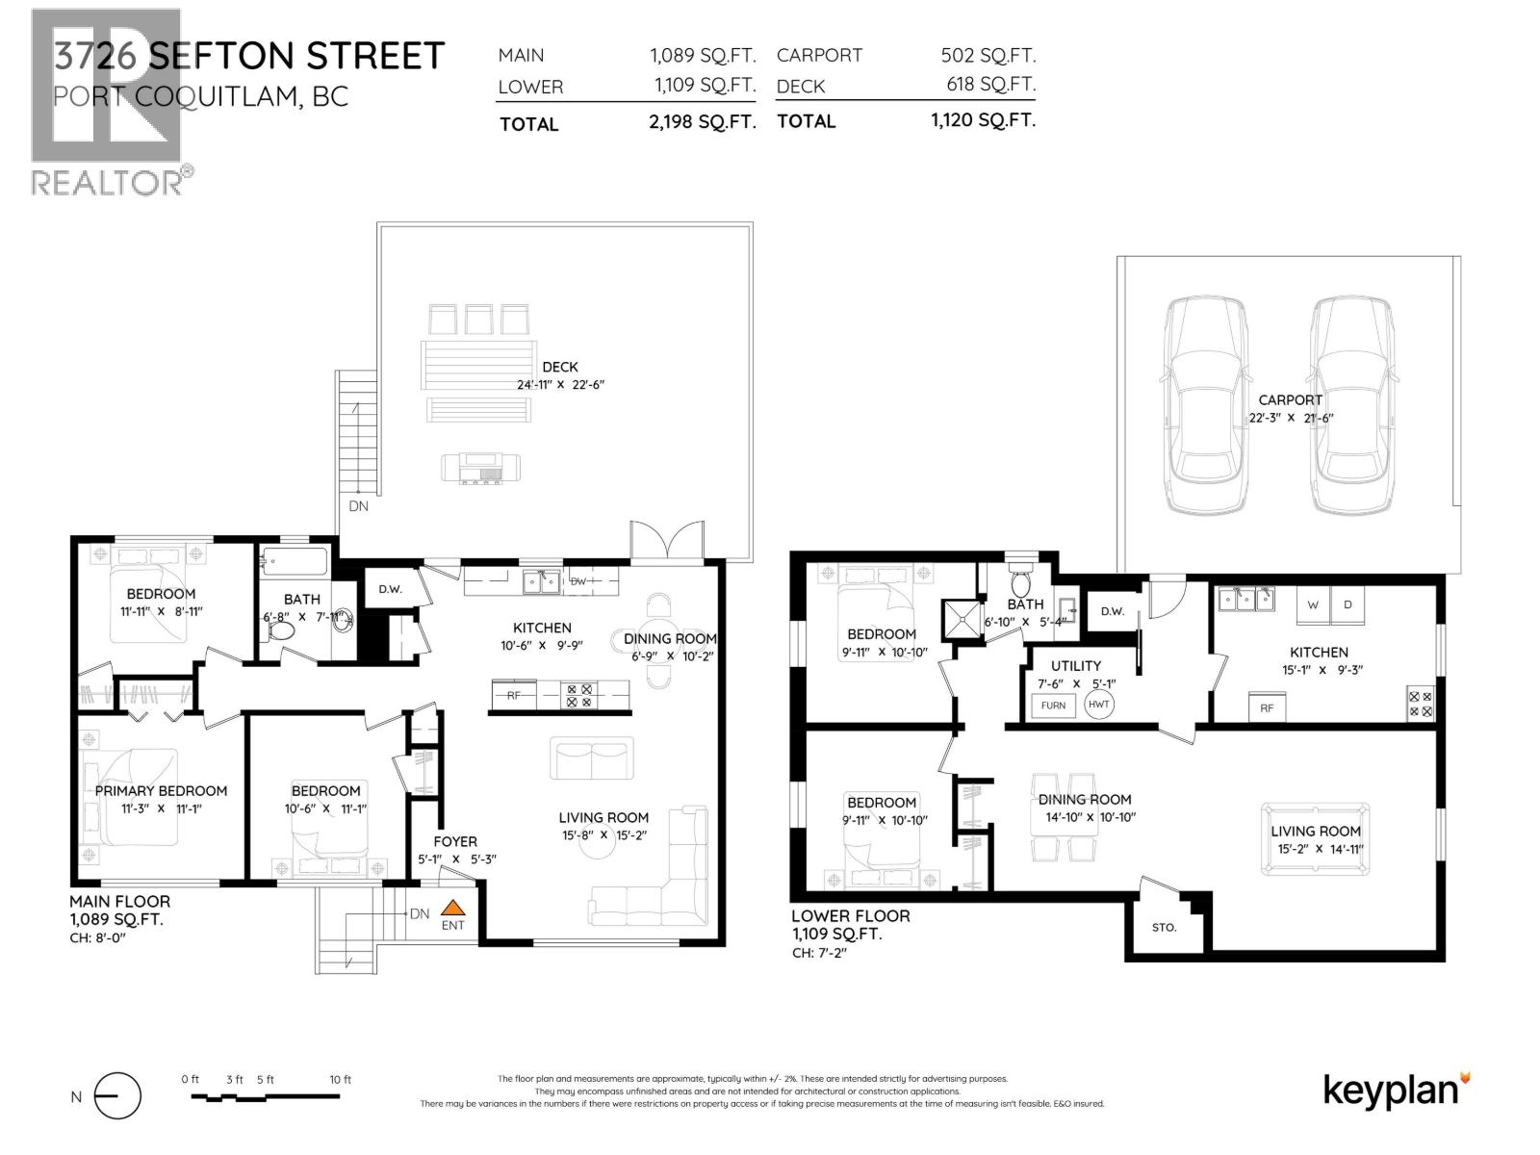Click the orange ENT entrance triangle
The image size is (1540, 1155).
(452, 907)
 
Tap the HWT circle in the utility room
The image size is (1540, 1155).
(1098, 705)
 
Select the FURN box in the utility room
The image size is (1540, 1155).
(1053, 706)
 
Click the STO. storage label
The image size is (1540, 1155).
(1164, 928)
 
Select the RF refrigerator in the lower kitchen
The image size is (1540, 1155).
(1267, 707)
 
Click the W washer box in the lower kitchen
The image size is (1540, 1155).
(1313, 604)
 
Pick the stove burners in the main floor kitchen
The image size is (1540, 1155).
(579, 695)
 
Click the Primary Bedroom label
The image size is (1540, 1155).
(161, 790)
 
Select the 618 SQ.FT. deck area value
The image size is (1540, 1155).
(990, 85)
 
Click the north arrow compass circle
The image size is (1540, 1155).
(118, 1096)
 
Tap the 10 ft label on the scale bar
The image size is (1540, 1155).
(340, 1080)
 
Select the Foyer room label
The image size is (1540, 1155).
(454, 841)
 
